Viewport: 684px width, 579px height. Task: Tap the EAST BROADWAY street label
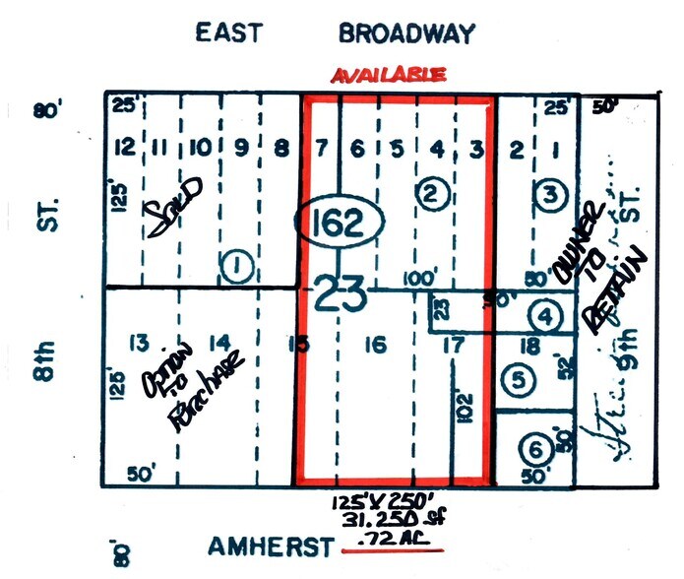[335, 32]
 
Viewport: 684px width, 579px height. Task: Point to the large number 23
[341, 293]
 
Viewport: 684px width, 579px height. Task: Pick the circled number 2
[429, 194]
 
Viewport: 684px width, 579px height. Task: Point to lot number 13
[140, 343]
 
